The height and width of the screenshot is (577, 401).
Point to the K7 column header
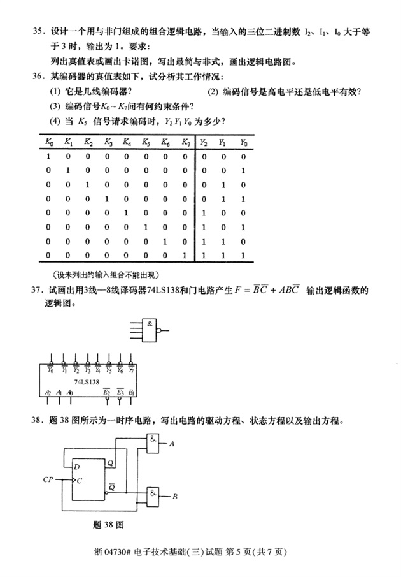[x=185, y=142]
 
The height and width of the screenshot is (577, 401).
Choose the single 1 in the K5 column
[x=146, y=227]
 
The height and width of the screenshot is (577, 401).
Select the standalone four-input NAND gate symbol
[x=150, y=331]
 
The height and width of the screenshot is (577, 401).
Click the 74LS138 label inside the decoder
[x=87, y=382]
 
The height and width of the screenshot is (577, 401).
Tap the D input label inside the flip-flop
[x=77, y=467]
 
